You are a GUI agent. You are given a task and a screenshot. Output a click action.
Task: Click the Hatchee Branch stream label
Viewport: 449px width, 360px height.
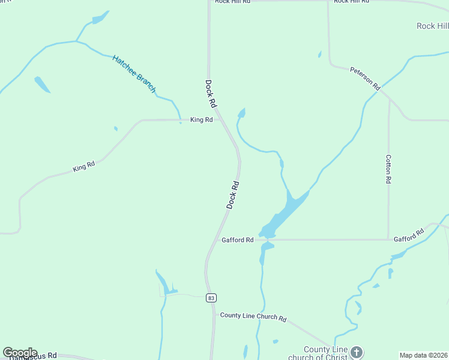pos(134,74)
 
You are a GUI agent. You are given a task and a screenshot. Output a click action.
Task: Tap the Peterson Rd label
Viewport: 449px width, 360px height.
pos(365,79)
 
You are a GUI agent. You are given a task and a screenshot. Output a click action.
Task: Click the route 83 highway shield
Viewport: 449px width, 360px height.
pos(210,298)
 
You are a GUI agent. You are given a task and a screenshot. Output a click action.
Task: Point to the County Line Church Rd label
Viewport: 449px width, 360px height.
pos(253,316)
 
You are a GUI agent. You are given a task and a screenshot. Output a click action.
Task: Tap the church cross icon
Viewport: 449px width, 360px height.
pos(357,352)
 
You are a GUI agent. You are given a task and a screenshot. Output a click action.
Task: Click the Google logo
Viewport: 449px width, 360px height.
pos(20,353)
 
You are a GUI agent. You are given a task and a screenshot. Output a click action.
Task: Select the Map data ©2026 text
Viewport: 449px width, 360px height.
pos(424,355)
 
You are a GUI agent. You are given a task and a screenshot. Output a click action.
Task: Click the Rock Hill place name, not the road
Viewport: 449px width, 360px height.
pos(432,26)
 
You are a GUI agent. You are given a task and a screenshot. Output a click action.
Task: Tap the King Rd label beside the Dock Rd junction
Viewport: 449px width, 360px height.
pos(201,120)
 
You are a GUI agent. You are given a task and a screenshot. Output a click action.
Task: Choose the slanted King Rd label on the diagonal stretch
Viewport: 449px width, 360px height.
pos(84,166)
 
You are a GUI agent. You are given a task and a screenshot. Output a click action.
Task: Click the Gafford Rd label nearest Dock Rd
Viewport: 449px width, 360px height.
pos(237,240)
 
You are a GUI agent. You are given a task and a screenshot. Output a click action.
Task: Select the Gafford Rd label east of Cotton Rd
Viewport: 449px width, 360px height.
pos(409,235)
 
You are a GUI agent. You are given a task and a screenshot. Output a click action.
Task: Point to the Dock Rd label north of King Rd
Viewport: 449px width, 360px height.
pos(210,94)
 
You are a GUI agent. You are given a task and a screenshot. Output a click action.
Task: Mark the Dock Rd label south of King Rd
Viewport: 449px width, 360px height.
pos(233,194)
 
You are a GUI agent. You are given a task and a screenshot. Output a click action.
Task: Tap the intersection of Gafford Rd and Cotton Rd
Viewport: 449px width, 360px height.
pos(388,239)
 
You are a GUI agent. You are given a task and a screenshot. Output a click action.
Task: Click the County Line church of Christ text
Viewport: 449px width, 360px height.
pos(326,354)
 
